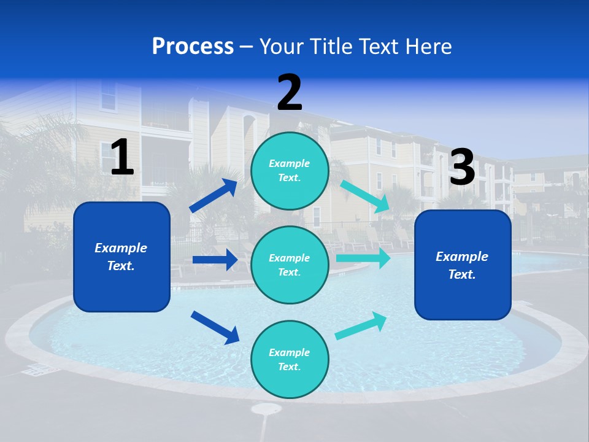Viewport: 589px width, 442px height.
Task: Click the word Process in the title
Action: tap(193, 46)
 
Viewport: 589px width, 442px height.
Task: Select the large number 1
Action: tap(122, 158)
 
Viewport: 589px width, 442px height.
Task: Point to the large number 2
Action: tap(290, 93)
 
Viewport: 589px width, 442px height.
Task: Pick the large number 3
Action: tap(462, 168)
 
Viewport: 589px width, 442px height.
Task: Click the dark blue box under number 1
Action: tap(121, 257)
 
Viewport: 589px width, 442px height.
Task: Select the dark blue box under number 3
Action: tap(463, 265)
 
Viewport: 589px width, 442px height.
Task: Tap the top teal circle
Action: tap(290, 171)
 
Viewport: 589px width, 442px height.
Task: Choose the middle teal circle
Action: tap(290, 265)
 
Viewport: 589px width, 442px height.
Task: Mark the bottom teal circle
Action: tap(290, 359)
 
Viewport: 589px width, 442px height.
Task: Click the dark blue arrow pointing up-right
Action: tap(214, 196)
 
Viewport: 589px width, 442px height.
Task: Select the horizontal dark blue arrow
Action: tap(215, 260)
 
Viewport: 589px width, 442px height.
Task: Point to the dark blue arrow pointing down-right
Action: tap(215, 327)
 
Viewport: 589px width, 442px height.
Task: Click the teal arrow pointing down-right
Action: tap(365, 196)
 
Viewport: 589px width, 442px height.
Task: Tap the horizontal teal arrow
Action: tap(363, 258)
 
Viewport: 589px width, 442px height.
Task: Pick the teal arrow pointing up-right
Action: tap(361, 326)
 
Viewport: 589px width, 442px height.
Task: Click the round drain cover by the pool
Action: tap(266, 409)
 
